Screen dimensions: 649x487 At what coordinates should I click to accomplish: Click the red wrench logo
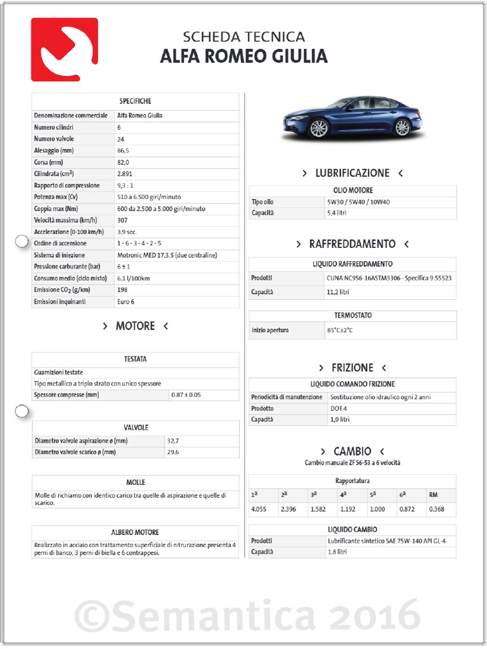tap(64, 49)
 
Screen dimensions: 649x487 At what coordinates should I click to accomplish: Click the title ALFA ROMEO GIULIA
tap(243, 57)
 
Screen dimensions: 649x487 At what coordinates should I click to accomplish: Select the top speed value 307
tap(122, 220)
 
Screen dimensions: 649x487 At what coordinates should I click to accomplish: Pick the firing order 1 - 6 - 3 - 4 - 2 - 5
tap(139, 243)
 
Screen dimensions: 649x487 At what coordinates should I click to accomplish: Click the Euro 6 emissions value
tap(126, 302)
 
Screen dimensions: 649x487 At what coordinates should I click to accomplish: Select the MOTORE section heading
tap(135, 326)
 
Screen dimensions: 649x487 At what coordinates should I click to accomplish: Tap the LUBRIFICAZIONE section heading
tap(352, 173)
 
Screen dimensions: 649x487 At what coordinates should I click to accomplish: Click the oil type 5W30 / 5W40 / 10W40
tap(358, 202)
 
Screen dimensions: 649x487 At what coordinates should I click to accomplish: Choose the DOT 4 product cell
tap(337, 408)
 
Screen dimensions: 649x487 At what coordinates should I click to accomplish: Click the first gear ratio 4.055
tap(258, 509)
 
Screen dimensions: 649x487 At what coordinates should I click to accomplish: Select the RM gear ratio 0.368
tap(436, 509)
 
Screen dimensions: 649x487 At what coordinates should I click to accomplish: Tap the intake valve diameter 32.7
tap(172, 440)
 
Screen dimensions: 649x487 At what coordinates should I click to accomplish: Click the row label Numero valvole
tap(54, 139)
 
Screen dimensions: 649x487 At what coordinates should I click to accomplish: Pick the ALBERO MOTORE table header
tap(135, 532)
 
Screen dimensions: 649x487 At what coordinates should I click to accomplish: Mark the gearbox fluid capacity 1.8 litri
tap(337, 552)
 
